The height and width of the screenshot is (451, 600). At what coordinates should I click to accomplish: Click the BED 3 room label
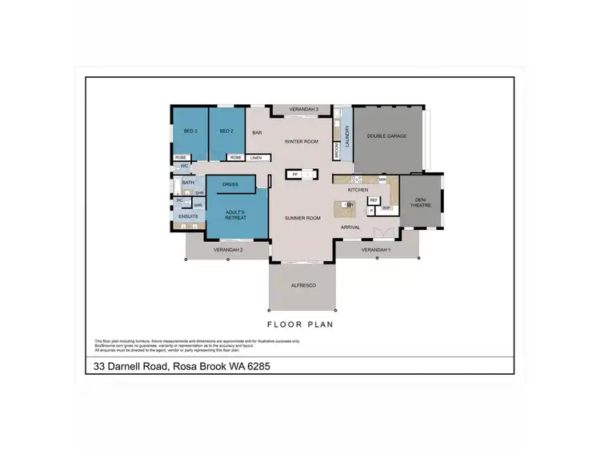tap(190, 131)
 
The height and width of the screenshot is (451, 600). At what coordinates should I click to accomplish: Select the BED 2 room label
tap(226, 131)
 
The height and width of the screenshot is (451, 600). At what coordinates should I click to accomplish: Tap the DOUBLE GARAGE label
tap(387, 136)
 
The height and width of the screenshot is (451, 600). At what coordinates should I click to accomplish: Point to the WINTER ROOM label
tap(302, 142)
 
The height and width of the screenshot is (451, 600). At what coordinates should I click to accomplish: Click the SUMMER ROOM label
tap(303, 218)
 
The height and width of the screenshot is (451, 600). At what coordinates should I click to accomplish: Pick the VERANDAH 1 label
tap(375, 250)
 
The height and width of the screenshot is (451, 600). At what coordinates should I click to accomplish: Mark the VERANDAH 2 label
tap(228, 250)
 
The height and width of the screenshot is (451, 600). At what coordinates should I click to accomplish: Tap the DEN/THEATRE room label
tap(420, 202)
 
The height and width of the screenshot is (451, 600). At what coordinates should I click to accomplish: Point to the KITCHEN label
tap(358, 190)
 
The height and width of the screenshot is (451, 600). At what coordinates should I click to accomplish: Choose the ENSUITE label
tap(188, 216)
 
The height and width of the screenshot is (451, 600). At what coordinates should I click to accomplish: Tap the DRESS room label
tap(230, 184)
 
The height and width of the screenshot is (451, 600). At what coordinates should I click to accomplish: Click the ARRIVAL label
tap(350, 228)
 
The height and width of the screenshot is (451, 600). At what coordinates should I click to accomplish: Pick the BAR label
tap(258, 133)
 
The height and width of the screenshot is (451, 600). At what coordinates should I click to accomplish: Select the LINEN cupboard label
tap(255, 158)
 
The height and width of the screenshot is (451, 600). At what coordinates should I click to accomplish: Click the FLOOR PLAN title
tap(300, 324)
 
